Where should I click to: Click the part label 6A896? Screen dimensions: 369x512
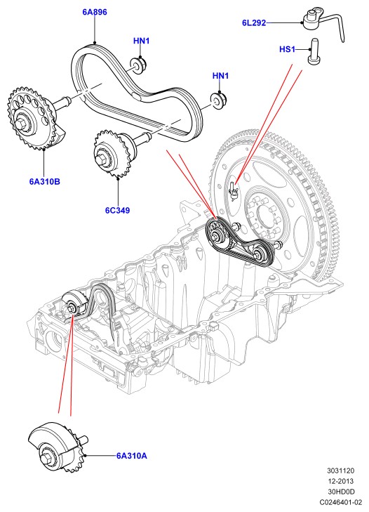95,12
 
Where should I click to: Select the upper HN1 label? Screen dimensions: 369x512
141,41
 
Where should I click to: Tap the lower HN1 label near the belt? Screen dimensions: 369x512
220,76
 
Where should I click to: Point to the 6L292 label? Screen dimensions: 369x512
254,23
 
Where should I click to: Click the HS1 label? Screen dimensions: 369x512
287,49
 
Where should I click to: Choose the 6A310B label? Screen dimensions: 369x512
45,181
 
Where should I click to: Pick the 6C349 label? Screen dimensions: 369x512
117,210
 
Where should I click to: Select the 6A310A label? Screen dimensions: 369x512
132,456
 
